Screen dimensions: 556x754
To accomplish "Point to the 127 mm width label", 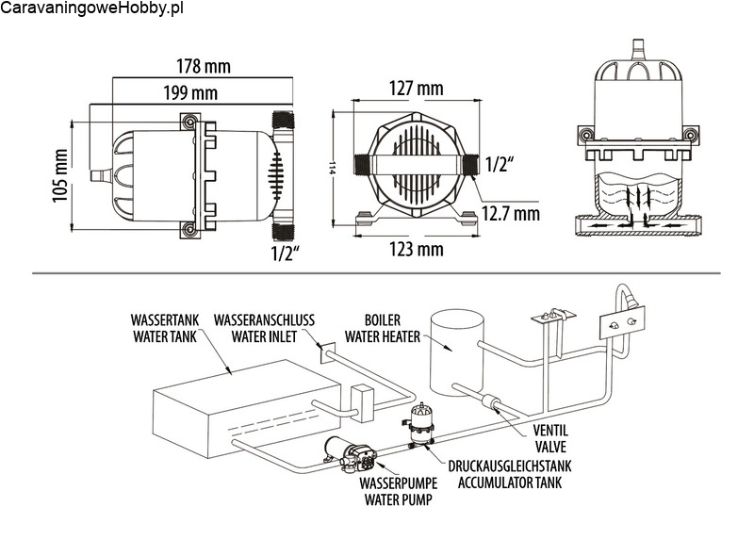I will [416, 89].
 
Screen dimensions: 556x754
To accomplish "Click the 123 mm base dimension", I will [416, 249].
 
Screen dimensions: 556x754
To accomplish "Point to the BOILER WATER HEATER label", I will [375, 326].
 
